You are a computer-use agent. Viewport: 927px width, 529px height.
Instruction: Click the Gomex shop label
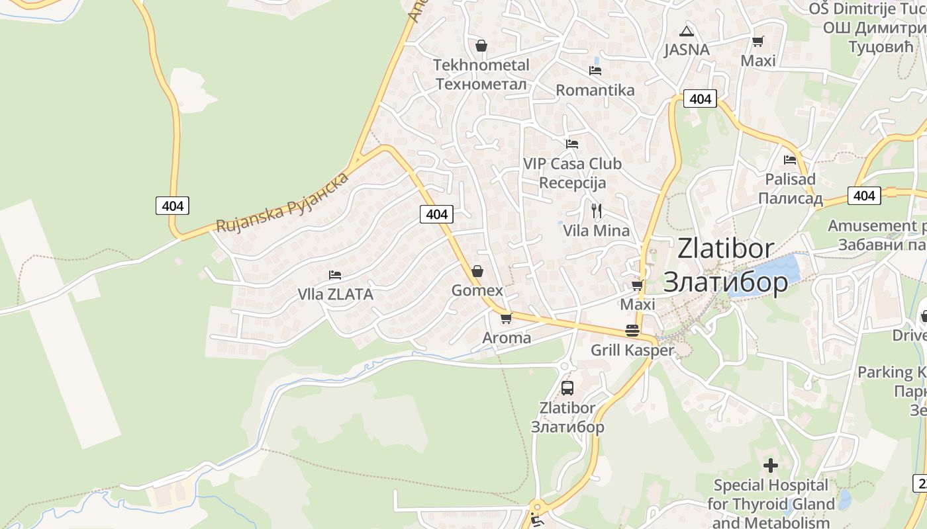[477, 291]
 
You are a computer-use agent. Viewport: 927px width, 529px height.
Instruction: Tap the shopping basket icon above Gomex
[477, 271]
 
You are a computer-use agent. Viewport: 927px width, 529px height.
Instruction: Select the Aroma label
[507, 338]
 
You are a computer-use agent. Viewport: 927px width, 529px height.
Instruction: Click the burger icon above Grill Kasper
[632, 331]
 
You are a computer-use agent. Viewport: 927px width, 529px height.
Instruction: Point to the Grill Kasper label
[632, 350]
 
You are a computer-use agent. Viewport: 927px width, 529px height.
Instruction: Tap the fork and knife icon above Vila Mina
[597, 211]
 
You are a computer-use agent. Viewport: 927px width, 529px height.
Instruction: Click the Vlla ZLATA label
[335, 294]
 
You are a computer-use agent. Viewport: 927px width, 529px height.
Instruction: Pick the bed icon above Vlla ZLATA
[335, 274]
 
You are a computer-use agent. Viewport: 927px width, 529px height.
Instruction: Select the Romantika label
[595, 90]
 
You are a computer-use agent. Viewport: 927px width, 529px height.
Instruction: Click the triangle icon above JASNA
[687, 31]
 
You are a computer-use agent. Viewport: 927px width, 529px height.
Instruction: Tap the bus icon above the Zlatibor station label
[567, 388]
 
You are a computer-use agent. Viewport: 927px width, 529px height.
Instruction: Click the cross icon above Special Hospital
[771, 466]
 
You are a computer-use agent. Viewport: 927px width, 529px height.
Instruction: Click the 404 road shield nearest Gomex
[436, 214]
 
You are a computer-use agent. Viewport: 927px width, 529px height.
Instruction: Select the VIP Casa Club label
[572, 163]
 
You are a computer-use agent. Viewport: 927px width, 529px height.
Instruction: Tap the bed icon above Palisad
[789, 159]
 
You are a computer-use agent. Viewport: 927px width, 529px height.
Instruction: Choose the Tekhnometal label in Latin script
[481, 65]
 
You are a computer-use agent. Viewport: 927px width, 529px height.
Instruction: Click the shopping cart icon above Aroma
[507, 318]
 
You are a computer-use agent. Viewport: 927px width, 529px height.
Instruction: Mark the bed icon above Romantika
[595, 70]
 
